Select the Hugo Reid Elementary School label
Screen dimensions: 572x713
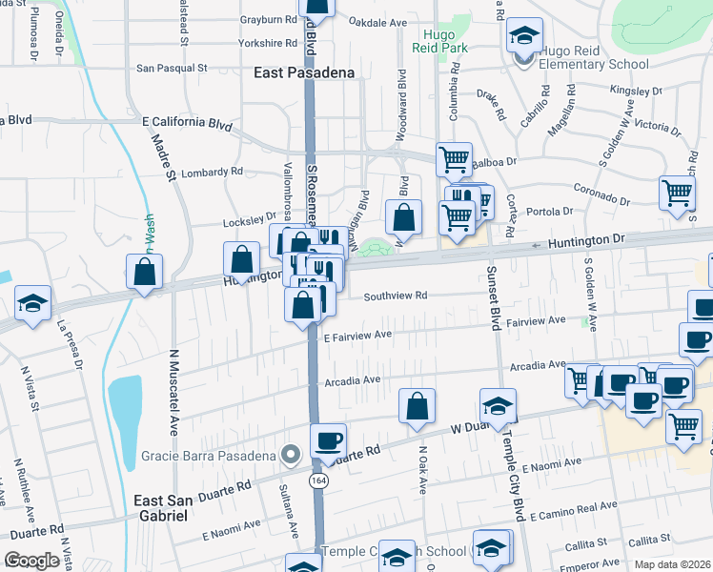[590, 57]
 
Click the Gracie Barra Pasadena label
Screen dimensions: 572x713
[209, 455]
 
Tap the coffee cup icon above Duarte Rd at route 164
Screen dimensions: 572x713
[328, 440]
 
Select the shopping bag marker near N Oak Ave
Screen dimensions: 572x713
[418, 405]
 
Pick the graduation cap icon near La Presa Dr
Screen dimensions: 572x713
[32, 304]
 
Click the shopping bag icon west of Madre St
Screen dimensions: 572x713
[144, 272]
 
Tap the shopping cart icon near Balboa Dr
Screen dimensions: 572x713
[454, 158]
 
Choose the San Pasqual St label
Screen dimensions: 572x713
[172, 69]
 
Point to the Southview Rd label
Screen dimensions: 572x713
[394, 296]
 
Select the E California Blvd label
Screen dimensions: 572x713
[187, 124]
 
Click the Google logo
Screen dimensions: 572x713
[32, 561]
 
